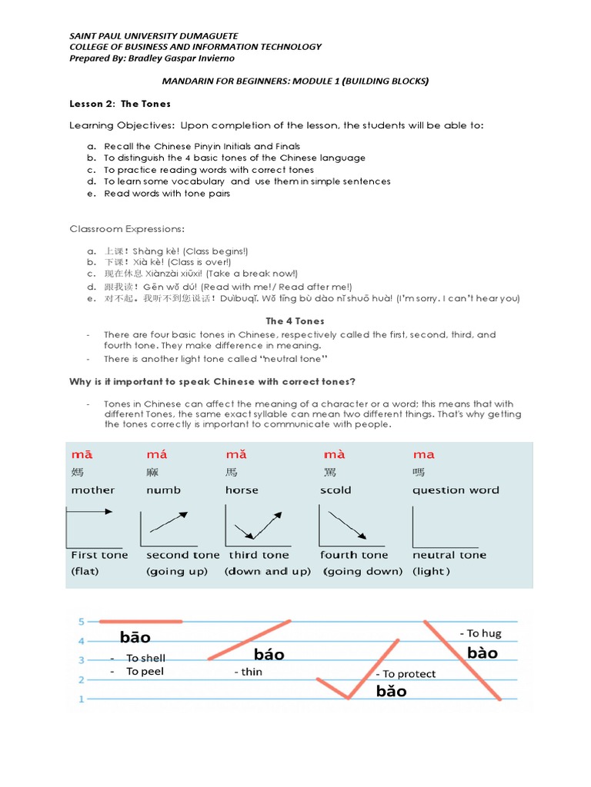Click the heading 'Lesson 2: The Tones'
[x=120, y=103]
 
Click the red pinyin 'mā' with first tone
[x=82, y=454]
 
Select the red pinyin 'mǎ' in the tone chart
[x=236, y=454]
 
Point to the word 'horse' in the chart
[x=242, y=490]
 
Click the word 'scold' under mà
[x=336, y=490]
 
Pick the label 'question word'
[x=456, y=490]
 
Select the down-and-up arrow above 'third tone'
[x=258, y=526]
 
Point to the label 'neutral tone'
[x=449, y=554]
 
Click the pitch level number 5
[x=81, y=620]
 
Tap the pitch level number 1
[x=81, y=699]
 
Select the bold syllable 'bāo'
[x=135, y=637]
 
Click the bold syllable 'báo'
[x=269, y=654]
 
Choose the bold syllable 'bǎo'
[x=392, y=691]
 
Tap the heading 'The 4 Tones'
[x=295, y=320]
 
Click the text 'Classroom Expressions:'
[x=127, y=229]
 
